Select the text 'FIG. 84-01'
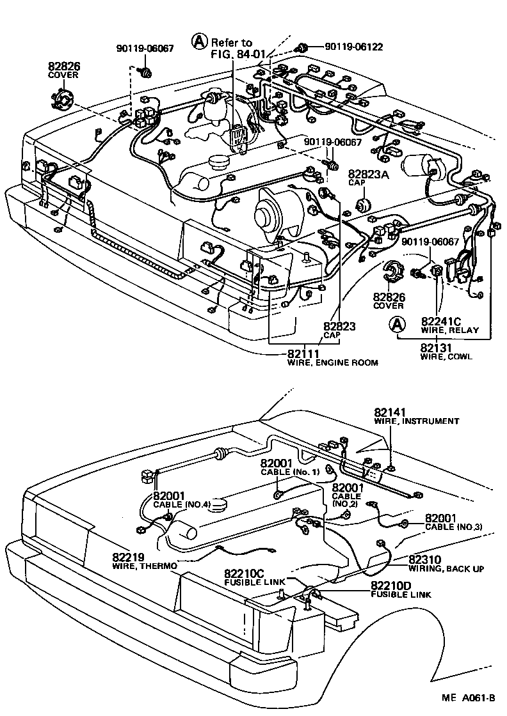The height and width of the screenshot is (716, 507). (237, 54)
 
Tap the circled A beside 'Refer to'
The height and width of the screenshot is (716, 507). (200, 42)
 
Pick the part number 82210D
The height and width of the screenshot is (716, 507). (392, 586)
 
